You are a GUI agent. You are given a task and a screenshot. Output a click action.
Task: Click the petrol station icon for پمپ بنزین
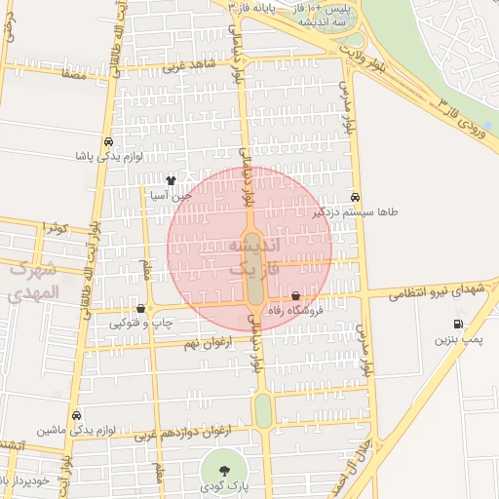click(x=457, y=324)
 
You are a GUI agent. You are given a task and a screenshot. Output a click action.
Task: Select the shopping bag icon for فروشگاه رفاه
click(x=296, y=295)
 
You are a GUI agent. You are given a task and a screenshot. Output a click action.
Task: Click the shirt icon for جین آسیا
click(x=172, y=179)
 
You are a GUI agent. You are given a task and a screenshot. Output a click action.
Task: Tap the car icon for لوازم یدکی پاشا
click(x=107, y=140)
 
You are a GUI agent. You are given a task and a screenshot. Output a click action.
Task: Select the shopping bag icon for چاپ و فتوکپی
click(x=141, y=308)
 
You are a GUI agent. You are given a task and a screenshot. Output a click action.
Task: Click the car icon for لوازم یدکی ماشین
click(x=76, y=414)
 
